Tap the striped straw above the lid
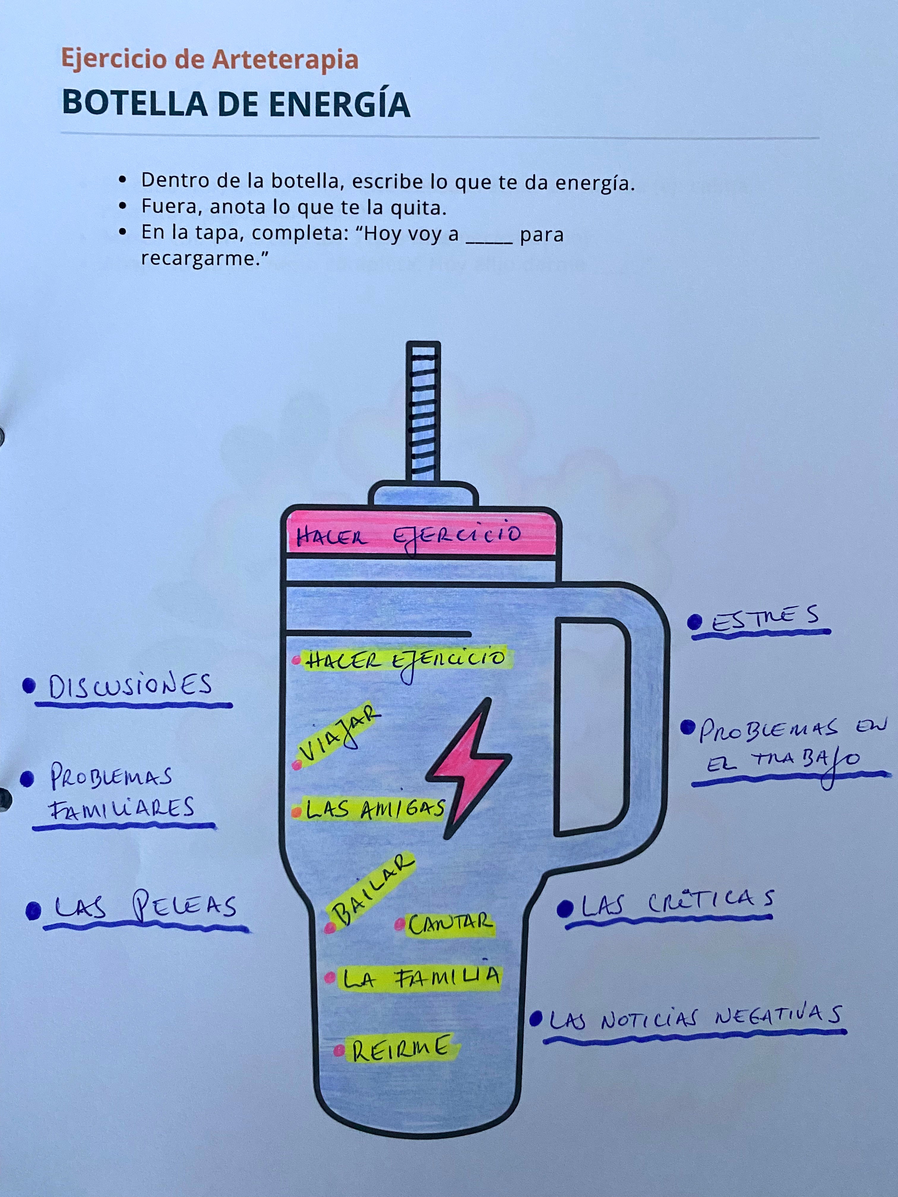click(x=423, y=411)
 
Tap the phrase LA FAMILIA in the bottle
click(x=420, y=978)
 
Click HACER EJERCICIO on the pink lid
click(x=409, y=536)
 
